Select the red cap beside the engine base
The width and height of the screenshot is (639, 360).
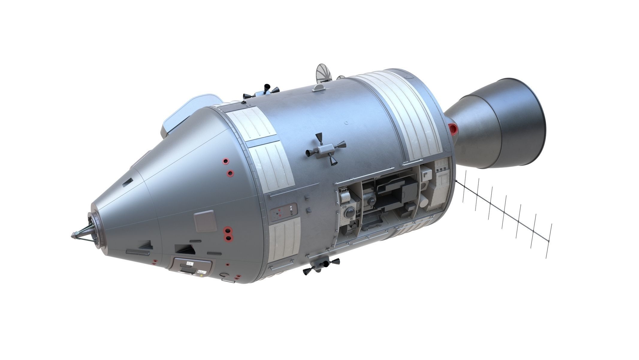point(453,129)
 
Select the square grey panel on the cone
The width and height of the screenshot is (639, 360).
point(205,221)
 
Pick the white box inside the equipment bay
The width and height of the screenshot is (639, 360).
point(425,174)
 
